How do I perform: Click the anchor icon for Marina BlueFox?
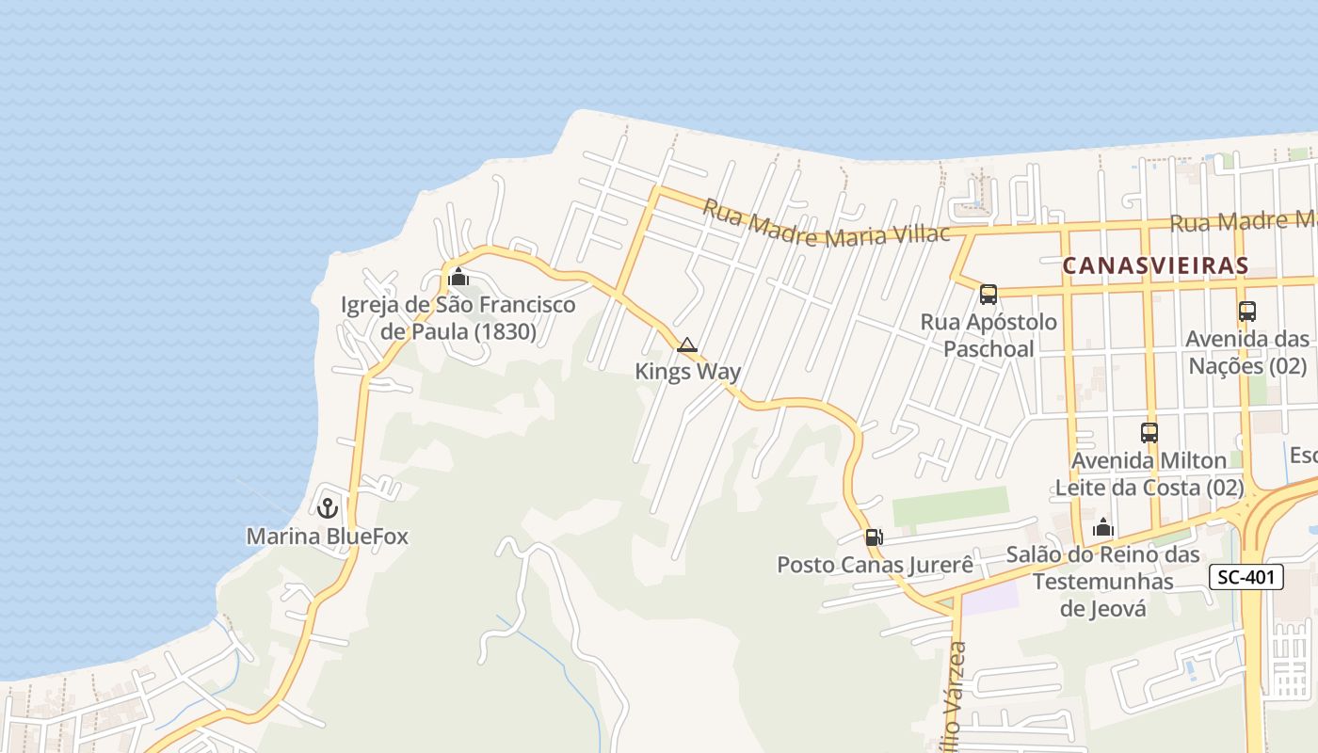click(328, 508)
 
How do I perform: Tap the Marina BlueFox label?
click(328, 537)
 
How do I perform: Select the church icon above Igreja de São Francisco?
click(458, 277)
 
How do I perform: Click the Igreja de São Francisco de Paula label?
click(458, 318)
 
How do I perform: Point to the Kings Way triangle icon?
click(687, 345)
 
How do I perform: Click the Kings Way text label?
click(687, 372)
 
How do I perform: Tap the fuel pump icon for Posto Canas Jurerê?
click(875, 537)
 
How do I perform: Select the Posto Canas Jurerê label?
click(875, 565)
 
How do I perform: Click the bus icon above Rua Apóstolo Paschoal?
click(988, 295)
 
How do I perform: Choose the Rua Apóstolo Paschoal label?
click(988, 335)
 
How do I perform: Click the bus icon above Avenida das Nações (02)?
click(1247, 312)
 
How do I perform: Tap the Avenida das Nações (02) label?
click(1247, 352)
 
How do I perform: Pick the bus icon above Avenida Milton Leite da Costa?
click(1149, 433)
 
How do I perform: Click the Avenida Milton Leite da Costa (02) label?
click(1149, 474)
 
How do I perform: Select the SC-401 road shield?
click(1246, 578)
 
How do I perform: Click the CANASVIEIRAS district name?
click(1155, 266)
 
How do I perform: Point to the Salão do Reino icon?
click(1103, 528)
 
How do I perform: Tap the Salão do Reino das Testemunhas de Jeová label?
click(1103, 581)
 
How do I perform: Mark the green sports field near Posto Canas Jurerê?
click(950, 506)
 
